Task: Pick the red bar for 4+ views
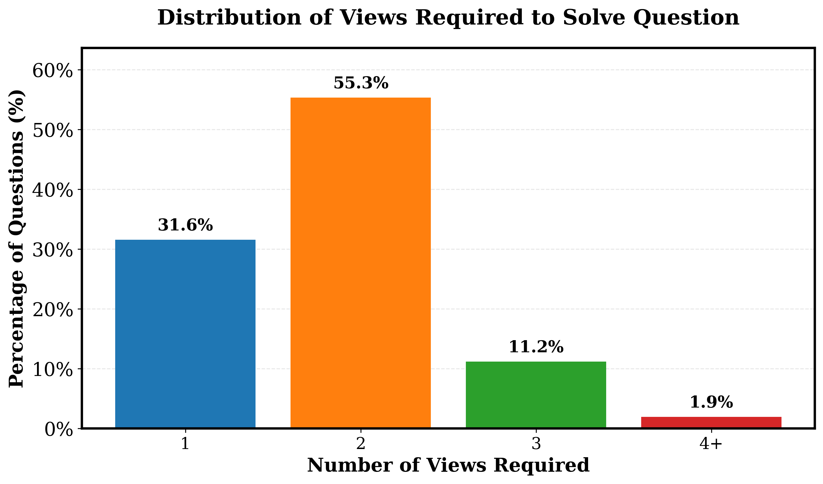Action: click(711, 422)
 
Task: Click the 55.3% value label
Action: click(361, 83)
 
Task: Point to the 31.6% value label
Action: click(185, 225)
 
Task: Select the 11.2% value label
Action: click(536, 347)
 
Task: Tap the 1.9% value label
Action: click(711, 402)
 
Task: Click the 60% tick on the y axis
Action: click(52, 71)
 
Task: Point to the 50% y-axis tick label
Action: click(52, 131)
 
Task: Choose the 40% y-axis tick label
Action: click(52, 190)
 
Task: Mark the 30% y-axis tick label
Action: click(52, 250)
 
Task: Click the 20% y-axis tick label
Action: click(52, 310)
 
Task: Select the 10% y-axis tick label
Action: click(52, 370)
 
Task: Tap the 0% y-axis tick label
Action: click(58, 430)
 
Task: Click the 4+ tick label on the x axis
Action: click(711, 444)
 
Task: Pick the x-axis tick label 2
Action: click(361, 444)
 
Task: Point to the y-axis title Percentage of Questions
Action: click(16, 239)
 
